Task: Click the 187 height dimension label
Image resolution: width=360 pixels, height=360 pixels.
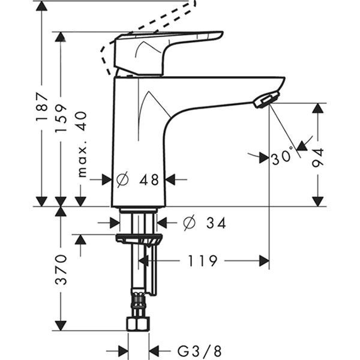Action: [x=41, y=107]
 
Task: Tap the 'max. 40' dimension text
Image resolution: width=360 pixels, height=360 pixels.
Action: [x=81, y=144]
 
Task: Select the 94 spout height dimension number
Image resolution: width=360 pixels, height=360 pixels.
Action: [x=317, y=156]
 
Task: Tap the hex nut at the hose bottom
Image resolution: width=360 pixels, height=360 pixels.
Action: [x=138, y=324]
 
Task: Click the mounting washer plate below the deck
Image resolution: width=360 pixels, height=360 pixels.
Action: [x=139, y=239]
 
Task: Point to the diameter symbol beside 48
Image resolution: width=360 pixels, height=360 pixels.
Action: [x=122, y=179]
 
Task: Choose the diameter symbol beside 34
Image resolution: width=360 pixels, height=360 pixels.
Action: [x=188, y=223]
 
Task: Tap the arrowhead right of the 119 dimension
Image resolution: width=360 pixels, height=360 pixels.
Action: [x=264, y=260]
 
